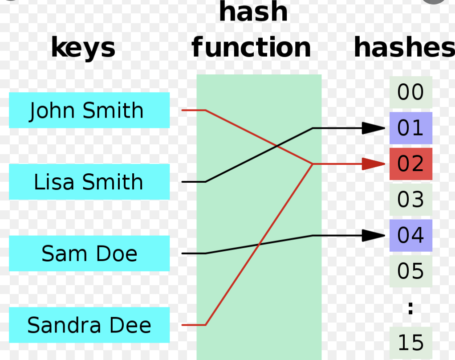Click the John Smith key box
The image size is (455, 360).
[89, 110]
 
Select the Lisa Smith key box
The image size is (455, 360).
[89, 182]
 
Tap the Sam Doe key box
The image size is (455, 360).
[89, 254]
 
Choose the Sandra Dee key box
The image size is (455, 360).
[89, 325]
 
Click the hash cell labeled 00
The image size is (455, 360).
[410, 92]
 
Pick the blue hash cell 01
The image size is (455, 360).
[410, 128]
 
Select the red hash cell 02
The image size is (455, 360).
[410, 164]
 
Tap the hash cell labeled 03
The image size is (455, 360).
[410, 200]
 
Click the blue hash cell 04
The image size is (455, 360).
[410, 235]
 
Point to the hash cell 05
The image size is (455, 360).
[410, 271]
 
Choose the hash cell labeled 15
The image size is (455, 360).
[410, 342]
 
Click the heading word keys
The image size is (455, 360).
[83, 48]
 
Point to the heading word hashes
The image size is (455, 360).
[403, 48]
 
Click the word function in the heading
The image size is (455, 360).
[251, 48]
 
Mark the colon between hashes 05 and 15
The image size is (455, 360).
[410, 307]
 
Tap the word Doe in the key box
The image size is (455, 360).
[113, 254]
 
